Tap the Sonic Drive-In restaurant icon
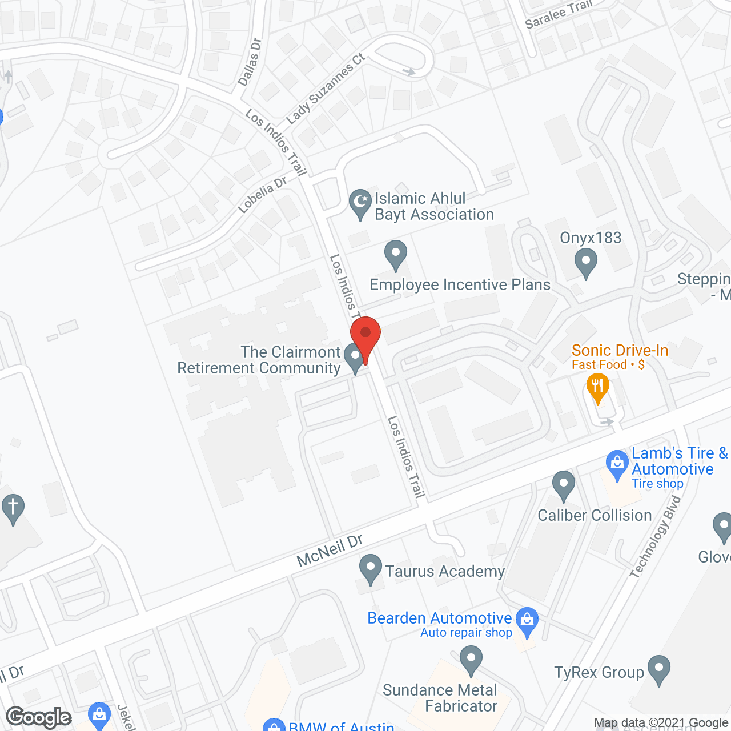597,389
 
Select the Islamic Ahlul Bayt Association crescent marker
360,204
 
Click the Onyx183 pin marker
585,264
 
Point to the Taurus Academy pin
371,569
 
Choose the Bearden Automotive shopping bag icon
527,621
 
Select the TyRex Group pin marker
658,669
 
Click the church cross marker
13,508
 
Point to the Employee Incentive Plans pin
395,254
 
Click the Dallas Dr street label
249,62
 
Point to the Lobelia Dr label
262,195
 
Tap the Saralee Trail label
559,14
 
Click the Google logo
39,717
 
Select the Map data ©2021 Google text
661,723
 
